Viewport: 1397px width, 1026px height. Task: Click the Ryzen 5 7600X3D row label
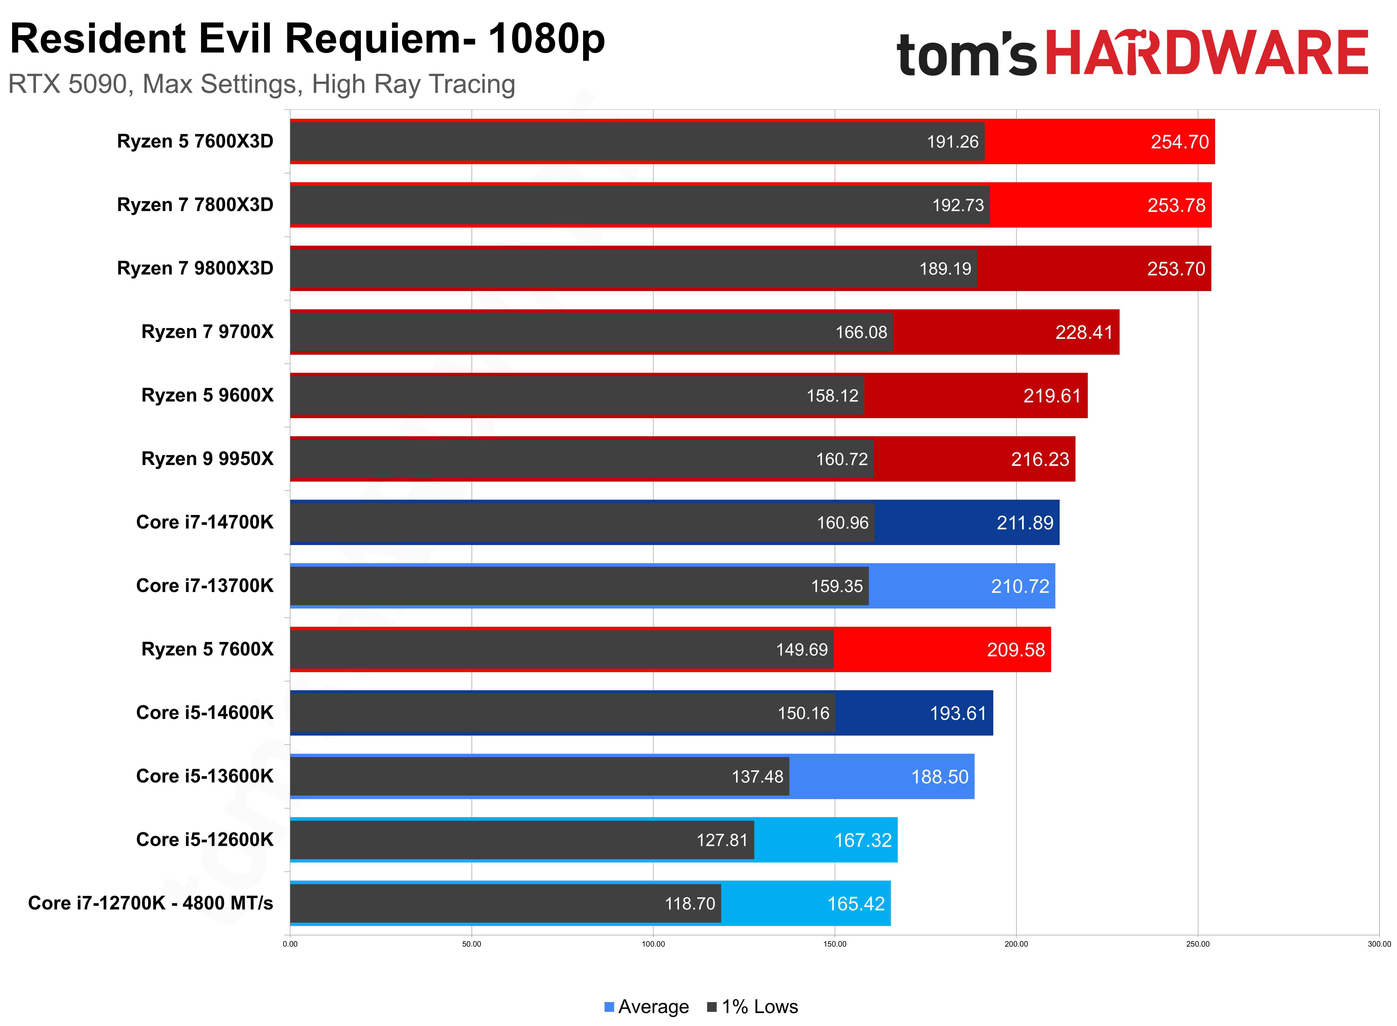point(195,142)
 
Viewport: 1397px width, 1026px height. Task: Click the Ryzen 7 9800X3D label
point(195,268)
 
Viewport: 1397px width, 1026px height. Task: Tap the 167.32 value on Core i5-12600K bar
point(862,840)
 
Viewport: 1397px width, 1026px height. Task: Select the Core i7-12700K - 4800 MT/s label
point(150,903)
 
